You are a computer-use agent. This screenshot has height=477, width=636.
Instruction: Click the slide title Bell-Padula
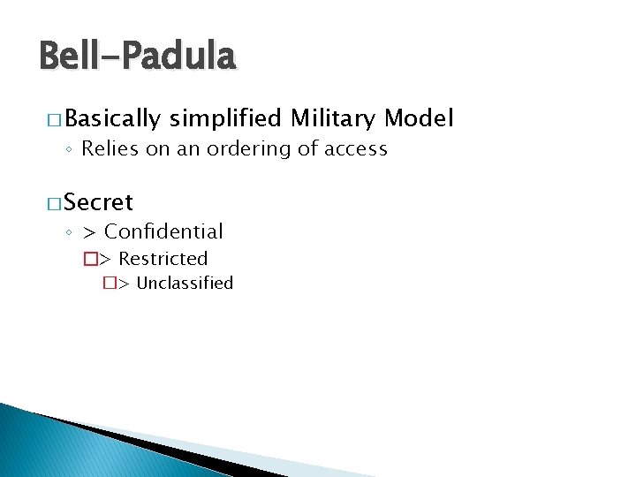[x=138, y=57]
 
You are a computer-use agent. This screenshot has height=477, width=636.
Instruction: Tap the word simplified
[x=225, y=118]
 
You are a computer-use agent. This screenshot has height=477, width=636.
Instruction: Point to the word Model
[x=420, y=118]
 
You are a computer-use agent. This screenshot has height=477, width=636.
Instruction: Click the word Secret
[x=98, y=202]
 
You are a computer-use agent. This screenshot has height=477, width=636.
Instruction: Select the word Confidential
[x=163, y=231]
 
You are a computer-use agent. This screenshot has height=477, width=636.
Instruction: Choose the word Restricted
[x=163, y=259]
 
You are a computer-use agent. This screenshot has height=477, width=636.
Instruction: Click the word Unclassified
[x=185, y=284]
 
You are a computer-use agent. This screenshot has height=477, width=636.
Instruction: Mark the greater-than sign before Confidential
[x=89, y=232]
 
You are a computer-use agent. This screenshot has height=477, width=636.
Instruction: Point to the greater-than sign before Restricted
[x=105, y=260]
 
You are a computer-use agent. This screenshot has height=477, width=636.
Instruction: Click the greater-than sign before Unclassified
[x=124, y=284]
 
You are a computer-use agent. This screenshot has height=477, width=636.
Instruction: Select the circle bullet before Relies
[x=70, y=150]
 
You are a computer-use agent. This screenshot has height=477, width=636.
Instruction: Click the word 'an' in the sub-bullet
[x=189, y=149]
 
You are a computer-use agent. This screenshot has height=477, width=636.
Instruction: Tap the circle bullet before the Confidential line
[x=70, y=233]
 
